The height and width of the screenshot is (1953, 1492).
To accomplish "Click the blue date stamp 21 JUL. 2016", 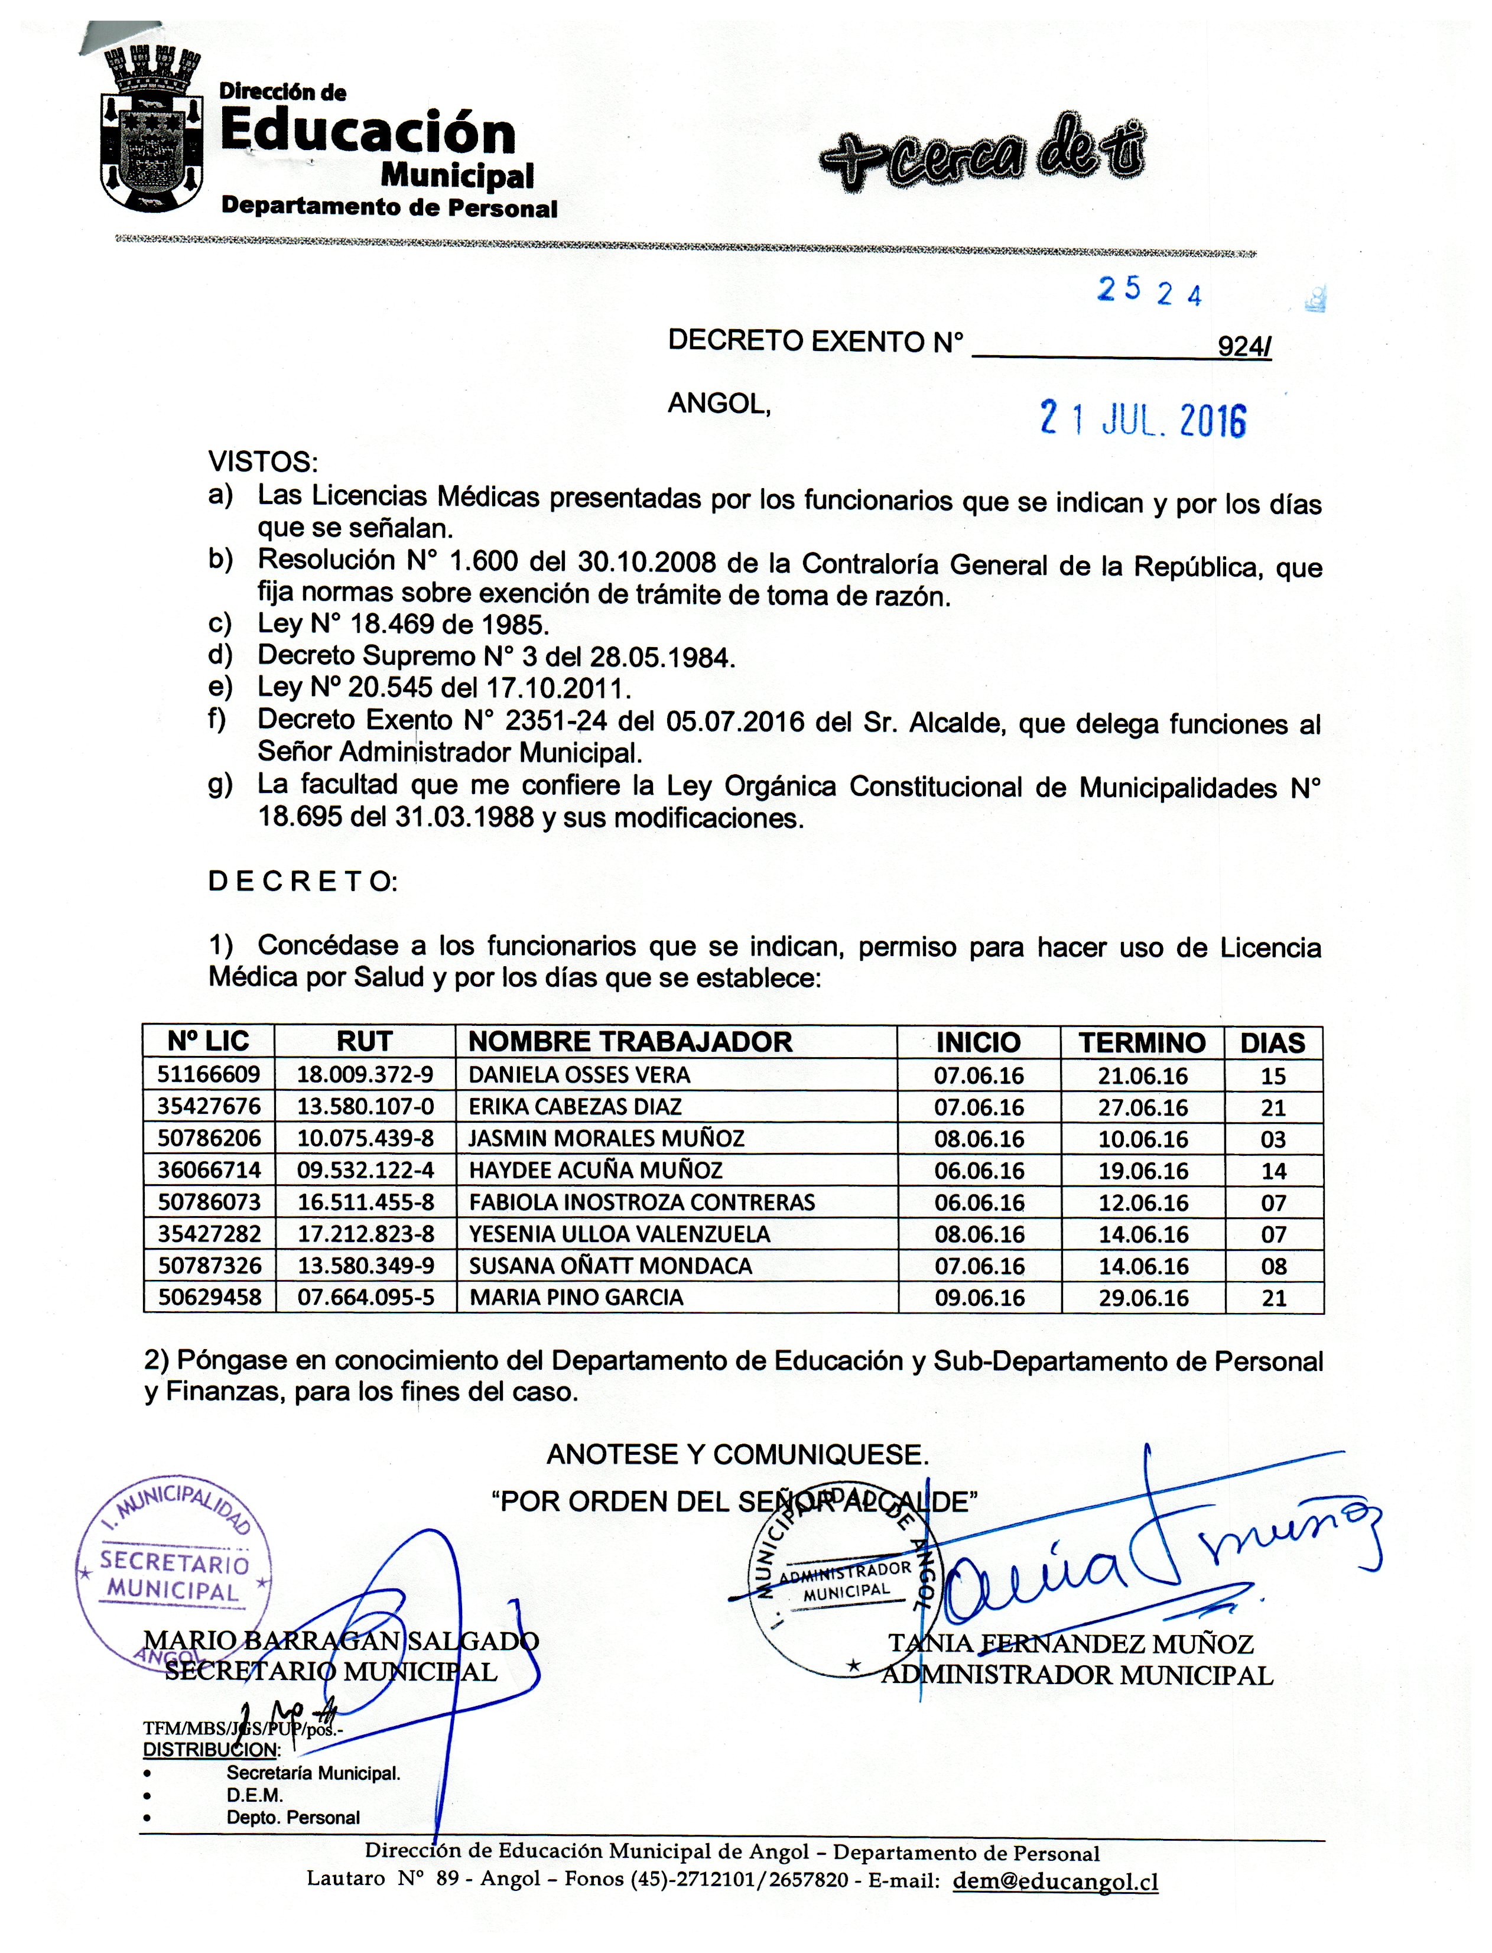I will [x=1143, y=419].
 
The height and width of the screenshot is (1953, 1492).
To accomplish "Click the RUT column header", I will [x=364, y=1041].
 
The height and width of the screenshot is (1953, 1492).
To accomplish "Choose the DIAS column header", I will [x=1273, y=1042].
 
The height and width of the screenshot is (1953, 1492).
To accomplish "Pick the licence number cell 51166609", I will [x=209, y=1075].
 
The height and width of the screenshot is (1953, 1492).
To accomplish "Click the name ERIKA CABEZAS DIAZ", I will [x=574, y=1107].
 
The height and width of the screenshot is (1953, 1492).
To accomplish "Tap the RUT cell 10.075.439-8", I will [x=365, y=1139].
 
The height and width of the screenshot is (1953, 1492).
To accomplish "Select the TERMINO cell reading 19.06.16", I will [x=1143, y=1171].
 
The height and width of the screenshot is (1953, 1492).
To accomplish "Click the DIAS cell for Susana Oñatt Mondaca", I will [x=1273, y=1266].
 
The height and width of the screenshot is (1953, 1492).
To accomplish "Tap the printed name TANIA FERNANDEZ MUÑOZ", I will [x=1071, y=1645].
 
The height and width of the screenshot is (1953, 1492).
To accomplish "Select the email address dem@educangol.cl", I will [x=1055, y=1880].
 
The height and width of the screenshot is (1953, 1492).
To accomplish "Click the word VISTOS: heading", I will [x=263, y=462].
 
